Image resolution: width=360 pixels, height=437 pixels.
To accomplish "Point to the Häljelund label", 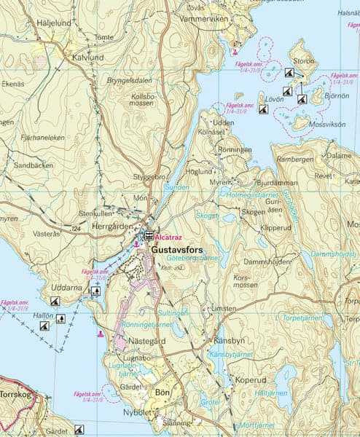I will click(x=54, y=23).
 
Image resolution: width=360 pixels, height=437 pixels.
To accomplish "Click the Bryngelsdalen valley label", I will click(x=131, y=80).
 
